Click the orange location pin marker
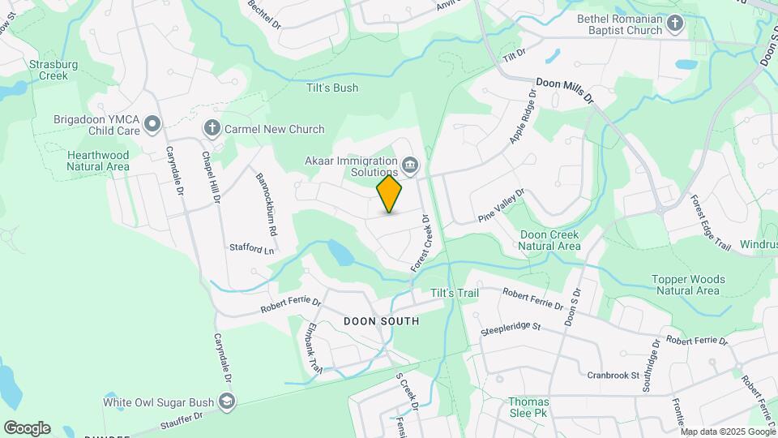(390, 194)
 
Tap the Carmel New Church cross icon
(212, 128)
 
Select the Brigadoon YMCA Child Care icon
(152, 123)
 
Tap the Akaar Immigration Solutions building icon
(410, 166)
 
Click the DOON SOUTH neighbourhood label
(382, 321)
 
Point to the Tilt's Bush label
(332, 88)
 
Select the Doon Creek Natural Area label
(549, 240)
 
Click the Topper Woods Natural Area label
(687, 285)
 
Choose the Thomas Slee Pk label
(528, 407)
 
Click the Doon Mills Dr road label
(565, 90)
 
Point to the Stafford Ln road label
(252, 248)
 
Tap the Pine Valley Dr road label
(502, 205)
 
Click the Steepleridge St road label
(511, 328)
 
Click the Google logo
(27, 427)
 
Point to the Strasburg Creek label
(49, 70)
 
